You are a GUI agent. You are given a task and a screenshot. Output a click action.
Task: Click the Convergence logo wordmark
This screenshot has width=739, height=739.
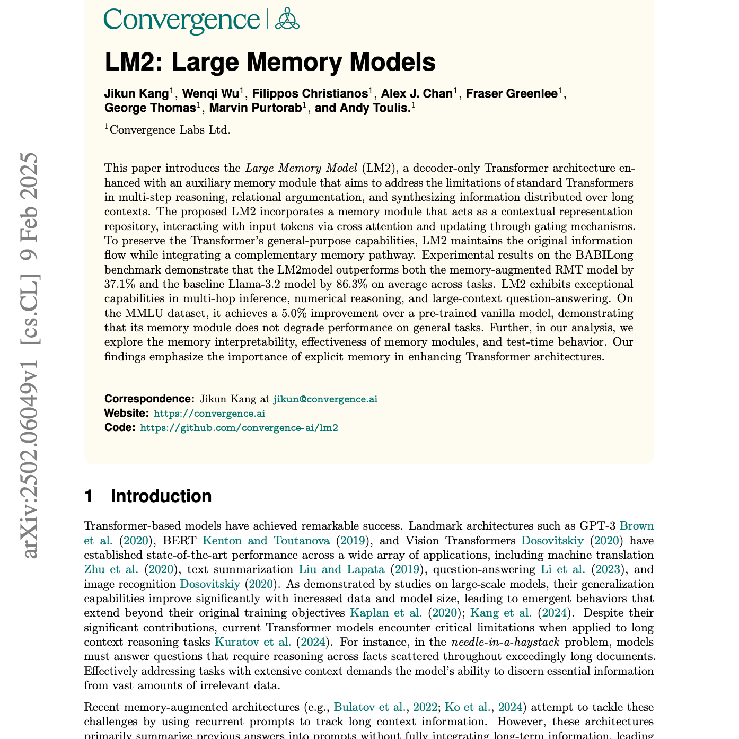182,20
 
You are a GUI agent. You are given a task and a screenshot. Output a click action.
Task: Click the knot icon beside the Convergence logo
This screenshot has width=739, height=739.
287,19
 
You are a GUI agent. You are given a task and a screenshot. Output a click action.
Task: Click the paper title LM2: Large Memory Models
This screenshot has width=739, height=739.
270,63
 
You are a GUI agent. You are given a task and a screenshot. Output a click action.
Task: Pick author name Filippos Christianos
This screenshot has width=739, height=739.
310,94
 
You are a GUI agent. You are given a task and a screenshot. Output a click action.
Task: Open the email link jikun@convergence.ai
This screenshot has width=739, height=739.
325,399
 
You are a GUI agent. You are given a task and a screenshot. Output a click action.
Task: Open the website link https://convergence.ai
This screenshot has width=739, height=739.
209,413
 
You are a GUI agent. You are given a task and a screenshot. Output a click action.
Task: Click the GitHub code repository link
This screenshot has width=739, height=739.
239,427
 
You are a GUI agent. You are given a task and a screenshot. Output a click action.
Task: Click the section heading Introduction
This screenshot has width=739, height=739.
161,496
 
